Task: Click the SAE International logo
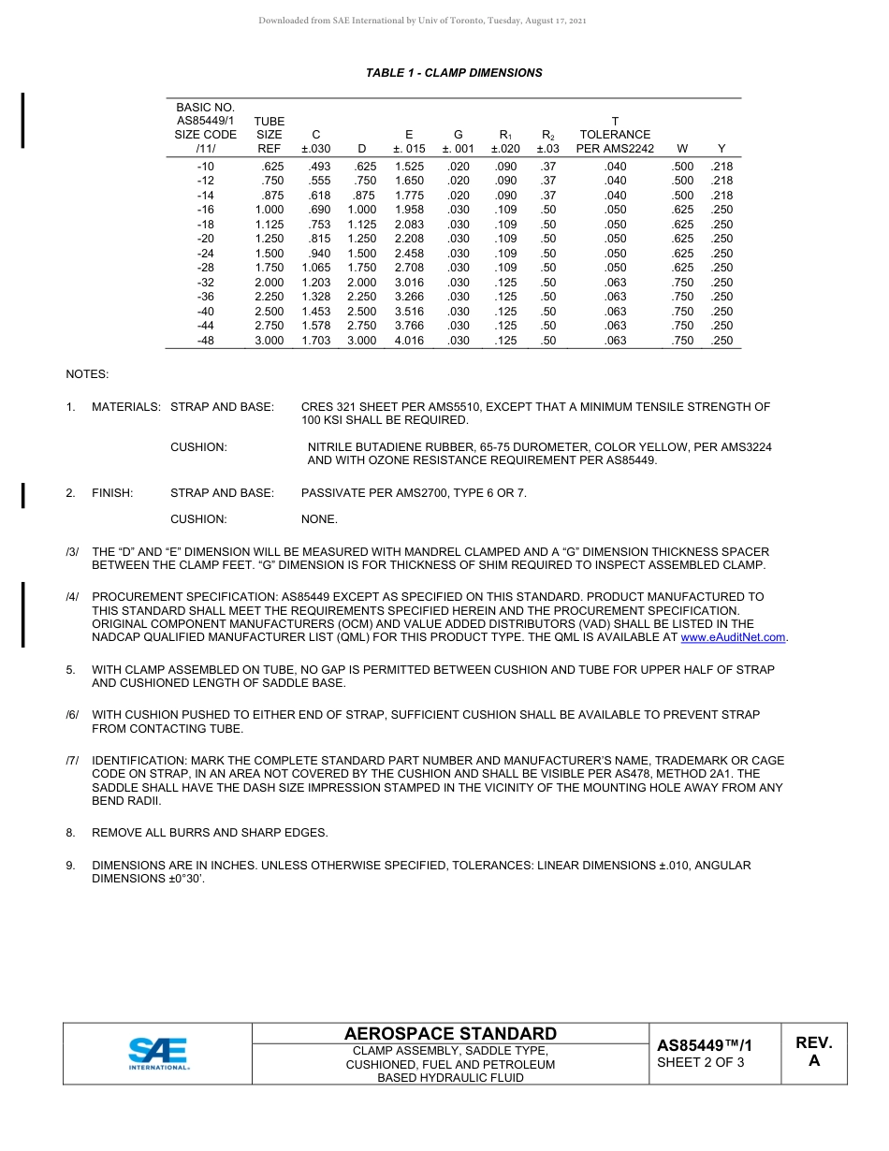pyautogui.click(x=158, y=1053)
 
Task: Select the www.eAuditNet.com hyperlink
pyautogui.click(x=734, y=637)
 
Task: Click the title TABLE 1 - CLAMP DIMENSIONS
pyautogui.click(x=454, y=73)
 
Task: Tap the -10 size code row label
pyautogui.click(x=206, y=167)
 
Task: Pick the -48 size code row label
pyautogui.click(x=206, y=342)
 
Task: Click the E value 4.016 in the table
pyautogui.click(x=409, y=342)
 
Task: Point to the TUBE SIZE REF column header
pyautogui.click(x=269, y=135)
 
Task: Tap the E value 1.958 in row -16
pyautogui.click(x=409, y=211)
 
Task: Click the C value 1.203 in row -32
pyautogui.click(x=316, y=283)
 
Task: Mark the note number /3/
pyautogui.click(x=72, y=552)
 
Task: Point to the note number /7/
pyautogui.click(x=72, y=761)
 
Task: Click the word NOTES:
pyautogui.click(x=87, y=374)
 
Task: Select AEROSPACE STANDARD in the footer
pyautogui.click(x=450, y=1034)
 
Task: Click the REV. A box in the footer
pyautogui.click(x=813, y=1052)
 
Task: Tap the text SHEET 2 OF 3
pyautogui.click(x=700, y=1062)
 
